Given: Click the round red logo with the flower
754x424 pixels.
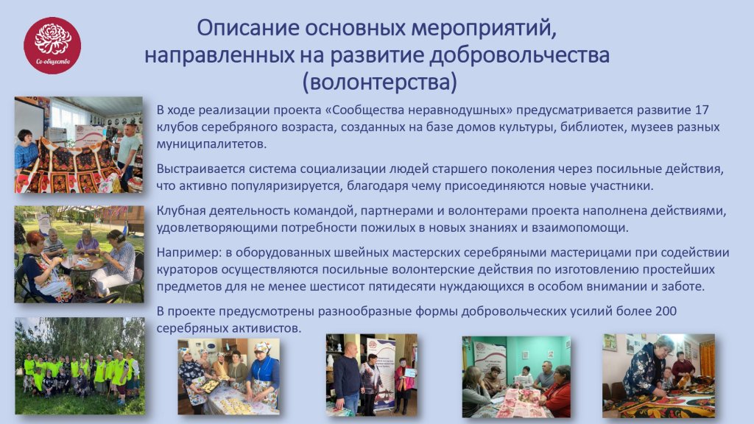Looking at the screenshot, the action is pyautogui.click(x=52, y=46).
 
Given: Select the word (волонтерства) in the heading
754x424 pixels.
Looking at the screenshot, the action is pyautogui.click(x=379, y=82).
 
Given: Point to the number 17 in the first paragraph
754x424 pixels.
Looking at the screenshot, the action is pyautogui.click(x=702, y=110).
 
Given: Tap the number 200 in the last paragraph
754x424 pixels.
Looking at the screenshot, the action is pyautogui.click(x=666, y=311).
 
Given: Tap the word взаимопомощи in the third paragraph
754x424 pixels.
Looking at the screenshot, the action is pyautogui.click(x=579, y=228).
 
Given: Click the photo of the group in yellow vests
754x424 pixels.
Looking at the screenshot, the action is pyautogui.click(x=80, y=366).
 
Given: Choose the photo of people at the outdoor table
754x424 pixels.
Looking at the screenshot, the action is pyautogui.click(x=80, y=254).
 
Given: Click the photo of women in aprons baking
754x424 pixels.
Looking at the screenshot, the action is pyautogui.click(x=228, y=376).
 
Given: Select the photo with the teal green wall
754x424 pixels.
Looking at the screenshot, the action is pyautogui.click(x=516, y=376).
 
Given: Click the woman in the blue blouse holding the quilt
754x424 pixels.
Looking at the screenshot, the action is pyautogui.click(x=27, y=153).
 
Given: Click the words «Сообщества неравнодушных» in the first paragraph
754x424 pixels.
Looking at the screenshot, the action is pyautogui.click(x=419, y=110).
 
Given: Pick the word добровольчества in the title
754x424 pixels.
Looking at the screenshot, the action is pyautogui.click(x=519, y=55).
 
